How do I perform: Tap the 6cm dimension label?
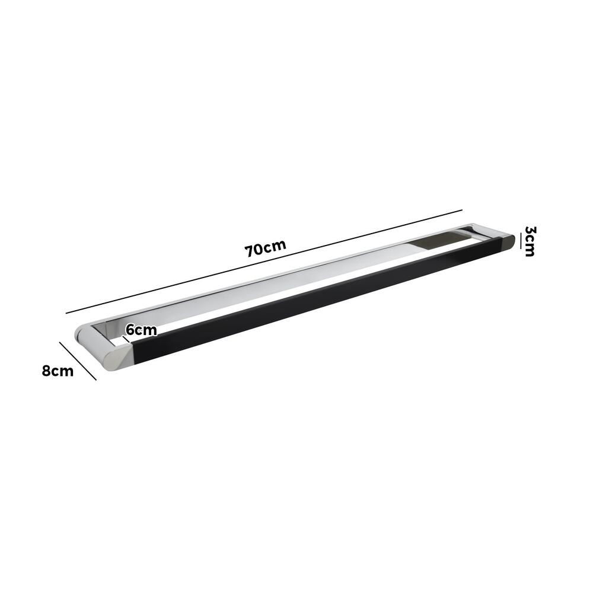[141, 330]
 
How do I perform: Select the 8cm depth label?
[58, 371]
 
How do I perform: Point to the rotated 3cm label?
[530, 241]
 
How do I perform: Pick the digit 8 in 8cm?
[46, 371]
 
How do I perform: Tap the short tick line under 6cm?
[126, 340]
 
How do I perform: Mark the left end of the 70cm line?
[66, 313]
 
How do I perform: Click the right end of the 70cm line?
[461, 210]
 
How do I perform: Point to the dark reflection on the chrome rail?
[442, 240]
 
